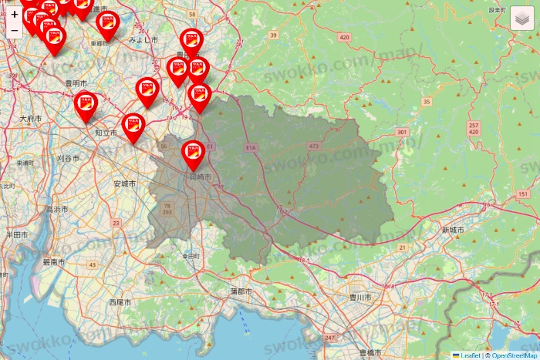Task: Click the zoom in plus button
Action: click(15, 14)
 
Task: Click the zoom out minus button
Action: click(15, 31)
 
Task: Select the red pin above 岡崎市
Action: click(193, 154)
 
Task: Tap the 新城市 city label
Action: click(454, 230)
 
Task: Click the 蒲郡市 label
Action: click(242, 291)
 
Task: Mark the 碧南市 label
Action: click(54, 262)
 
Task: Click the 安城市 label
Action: click(123, 183)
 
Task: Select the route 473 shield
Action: click(313, 146)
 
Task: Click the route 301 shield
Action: click(401, 133)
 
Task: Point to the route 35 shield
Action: click(427, 102)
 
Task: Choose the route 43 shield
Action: click(93, 264)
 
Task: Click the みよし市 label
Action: click(143, 39)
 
